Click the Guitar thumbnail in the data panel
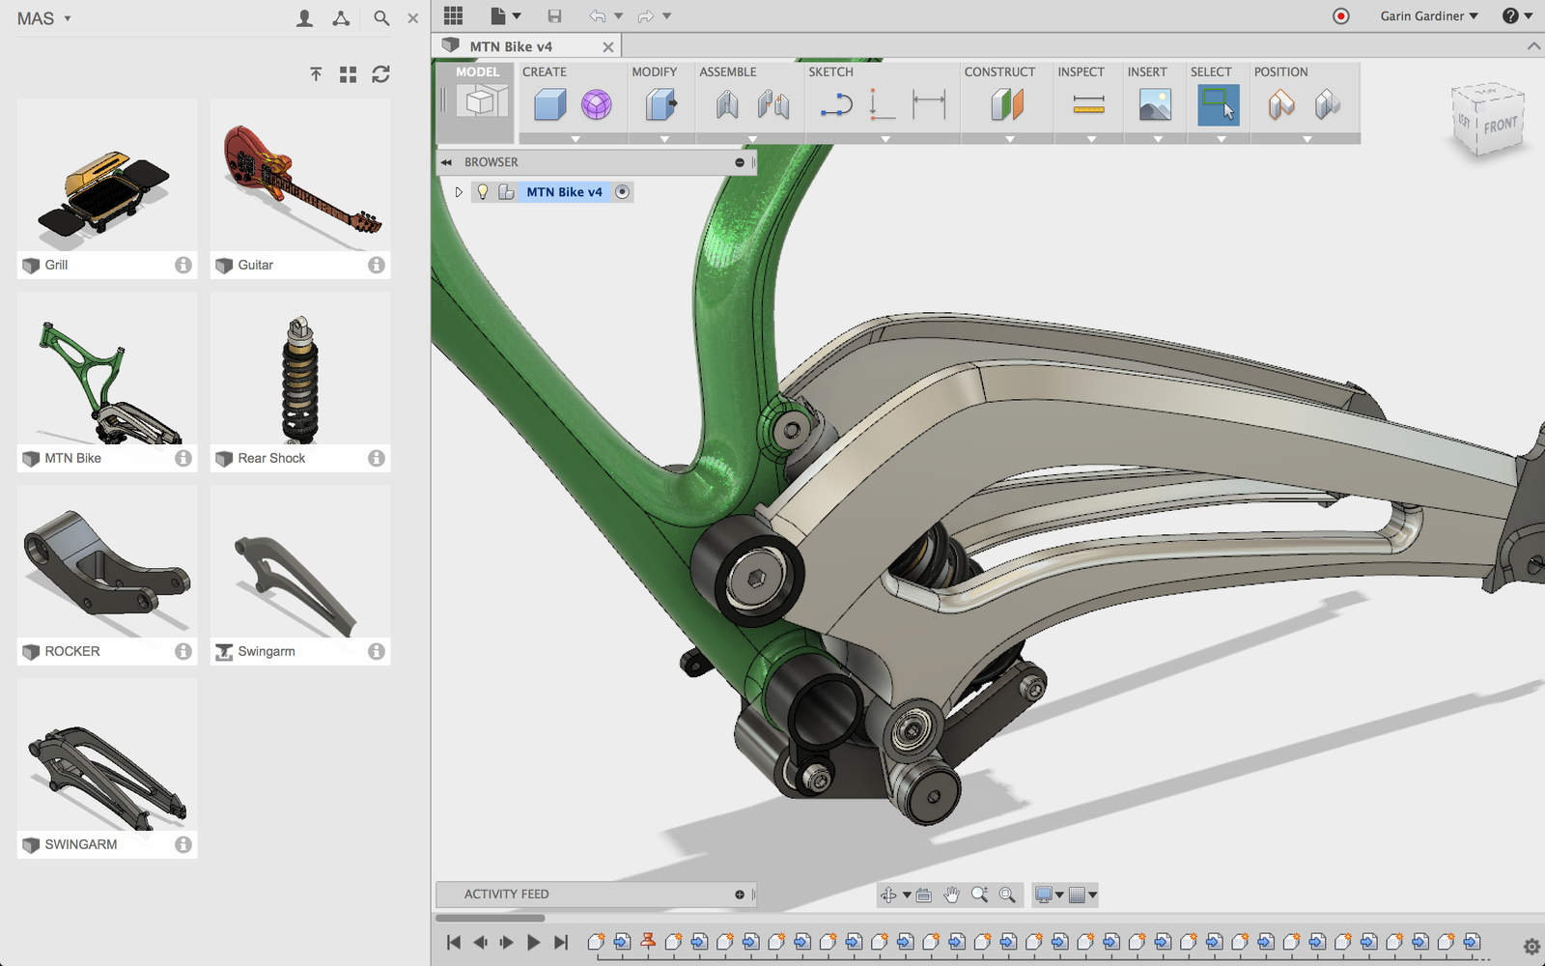[300, 176]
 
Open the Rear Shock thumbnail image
[300, 377]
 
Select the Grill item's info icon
[183, 265]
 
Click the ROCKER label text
[72, 651]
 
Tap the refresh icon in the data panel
[380, 74]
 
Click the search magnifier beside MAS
[381, 18]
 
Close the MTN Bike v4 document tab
[607, 46]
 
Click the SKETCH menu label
[830, 71]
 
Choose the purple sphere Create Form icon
[597, 104]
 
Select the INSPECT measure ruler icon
[1088, 104]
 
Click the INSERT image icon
[1155, 104]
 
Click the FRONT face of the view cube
[1500, 125]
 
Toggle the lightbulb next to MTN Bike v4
[483, 191]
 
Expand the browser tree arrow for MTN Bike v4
[459, 191]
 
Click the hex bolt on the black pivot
[757, 578]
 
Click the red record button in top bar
[1340, 16]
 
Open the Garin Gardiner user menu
[1428, 16]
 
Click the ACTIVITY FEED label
[506, 894]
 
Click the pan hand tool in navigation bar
[951, 895]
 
